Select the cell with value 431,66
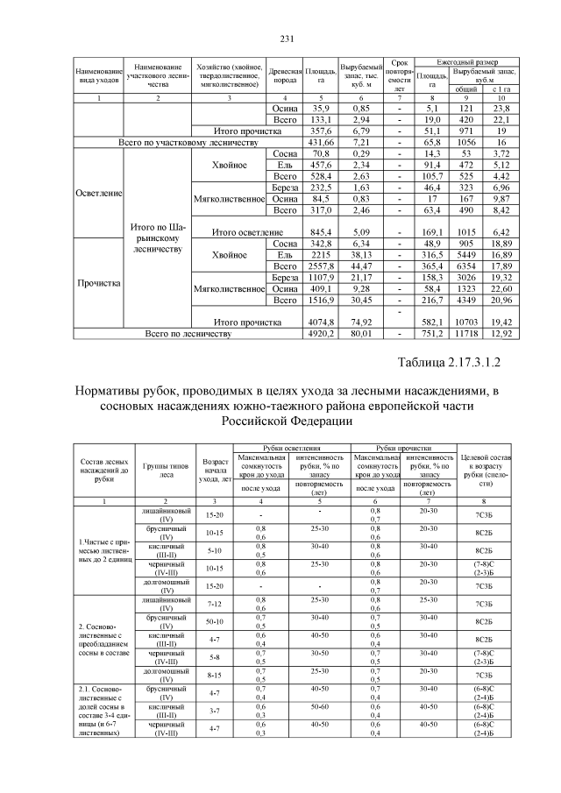[323, 141]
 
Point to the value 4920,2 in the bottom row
[323, 334]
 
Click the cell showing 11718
[466, 334]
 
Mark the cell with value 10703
[466, 322]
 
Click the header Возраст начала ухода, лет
[216, 470]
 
